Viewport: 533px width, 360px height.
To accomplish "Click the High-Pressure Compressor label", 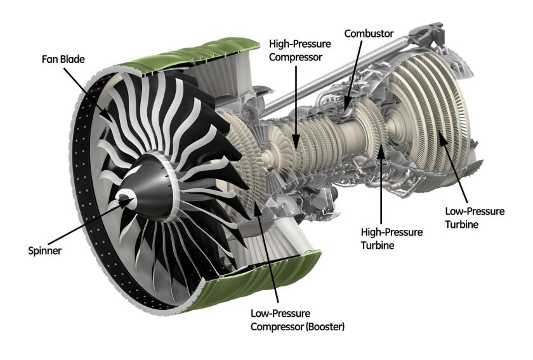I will tap(296, 51).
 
